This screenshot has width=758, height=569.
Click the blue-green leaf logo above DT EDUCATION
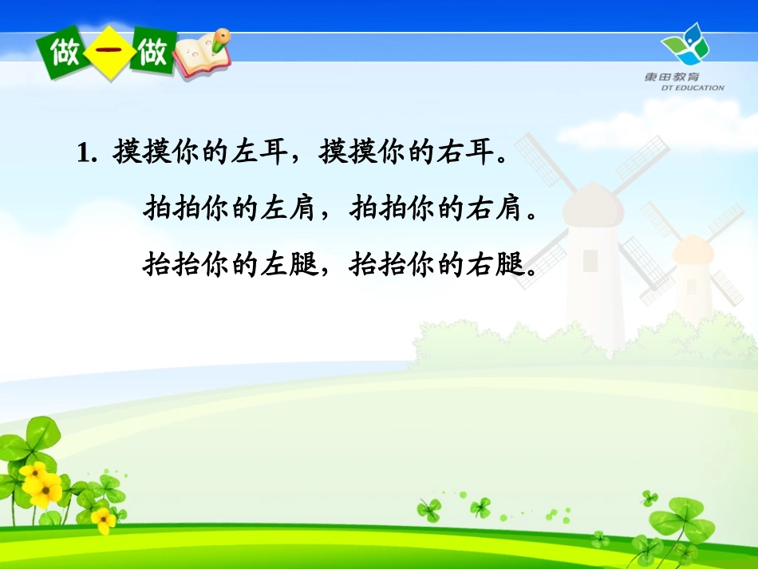click(x=685, y=45)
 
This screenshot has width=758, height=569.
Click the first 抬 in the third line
click(x=158, y=263)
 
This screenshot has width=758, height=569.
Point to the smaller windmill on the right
click(x=692, y=271)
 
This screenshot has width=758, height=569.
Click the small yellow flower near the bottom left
click(x=103, y=520)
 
